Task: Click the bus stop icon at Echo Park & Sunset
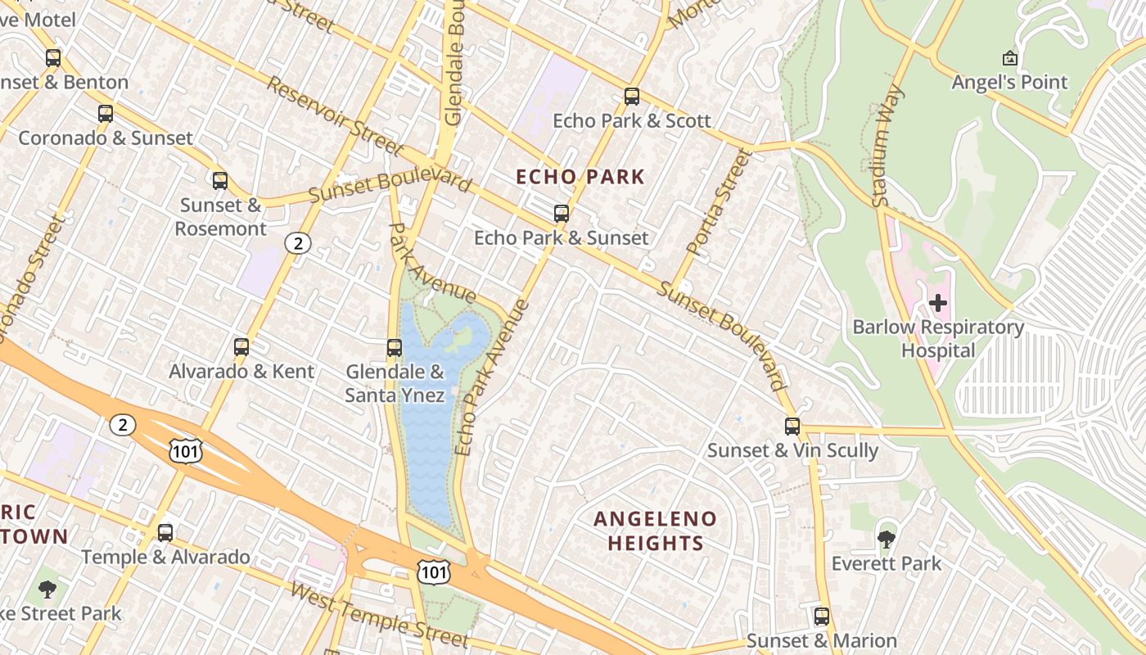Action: coord(561,214)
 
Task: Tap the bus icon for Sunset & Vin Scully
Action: coord(792,427)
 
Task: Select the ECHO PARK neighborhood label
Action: coord(580,177)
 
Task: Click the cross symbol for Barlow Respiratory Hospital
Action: coord(937,304)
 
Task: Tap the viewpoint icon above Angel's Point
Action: coord(1009,58)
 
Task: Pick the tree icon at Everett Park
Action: coord(886,539)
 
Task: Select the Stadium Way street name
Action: coord(887,146)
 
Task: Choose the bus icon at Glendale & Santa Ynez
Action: coord(395,348)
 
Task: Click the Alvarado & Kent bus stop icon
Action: coord(241,347)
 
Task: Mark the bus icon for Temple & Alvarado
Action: coord(165,533)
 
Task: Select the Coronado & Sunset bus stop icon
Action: coord(106,114)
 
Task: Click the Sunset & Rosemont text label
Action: coord(221,217)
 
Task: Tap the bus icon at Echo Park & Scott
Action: coord(631,97)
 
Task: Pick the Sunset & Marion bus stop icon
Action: coord(821,617)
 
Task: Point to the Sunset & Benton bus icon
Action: coord(53,58)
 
